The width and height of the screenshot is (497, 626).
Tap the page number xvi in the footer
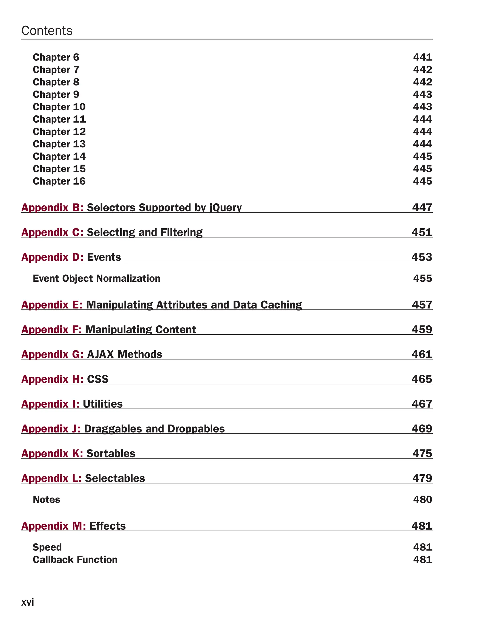coord(28,602)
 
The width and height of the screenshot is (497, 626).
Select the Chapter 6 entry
coord(56,57)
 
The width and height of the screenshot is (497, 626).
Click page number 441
coord(422,57)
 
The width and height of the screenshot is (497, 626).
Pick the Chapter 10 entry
coord(59,107)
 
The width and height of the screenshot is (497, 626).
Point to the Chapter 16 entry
coord(59,181)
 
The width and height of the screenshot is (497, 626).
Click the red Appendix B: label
coord(52,208)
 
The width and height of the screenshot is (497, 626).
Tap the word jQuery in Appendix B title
coord(225,208)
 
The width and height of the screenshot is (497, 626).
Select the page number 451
coord(422,232)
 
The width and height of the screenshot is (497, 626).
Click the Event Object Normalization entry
coord(96,279)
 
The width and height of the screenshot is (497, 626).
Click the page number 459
coord(422,330)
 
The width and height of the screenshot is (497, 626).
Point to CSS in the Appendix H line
coord(98,379)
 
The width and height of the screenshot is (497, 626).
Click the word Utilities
coord(103,404)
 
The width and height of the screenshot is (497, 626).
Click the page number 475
coord(422,454)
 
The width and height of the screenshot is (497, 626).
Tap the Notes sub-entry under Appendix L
coord(46,500)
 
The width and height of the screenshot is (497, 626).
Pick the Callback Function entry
coord(75,560)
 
